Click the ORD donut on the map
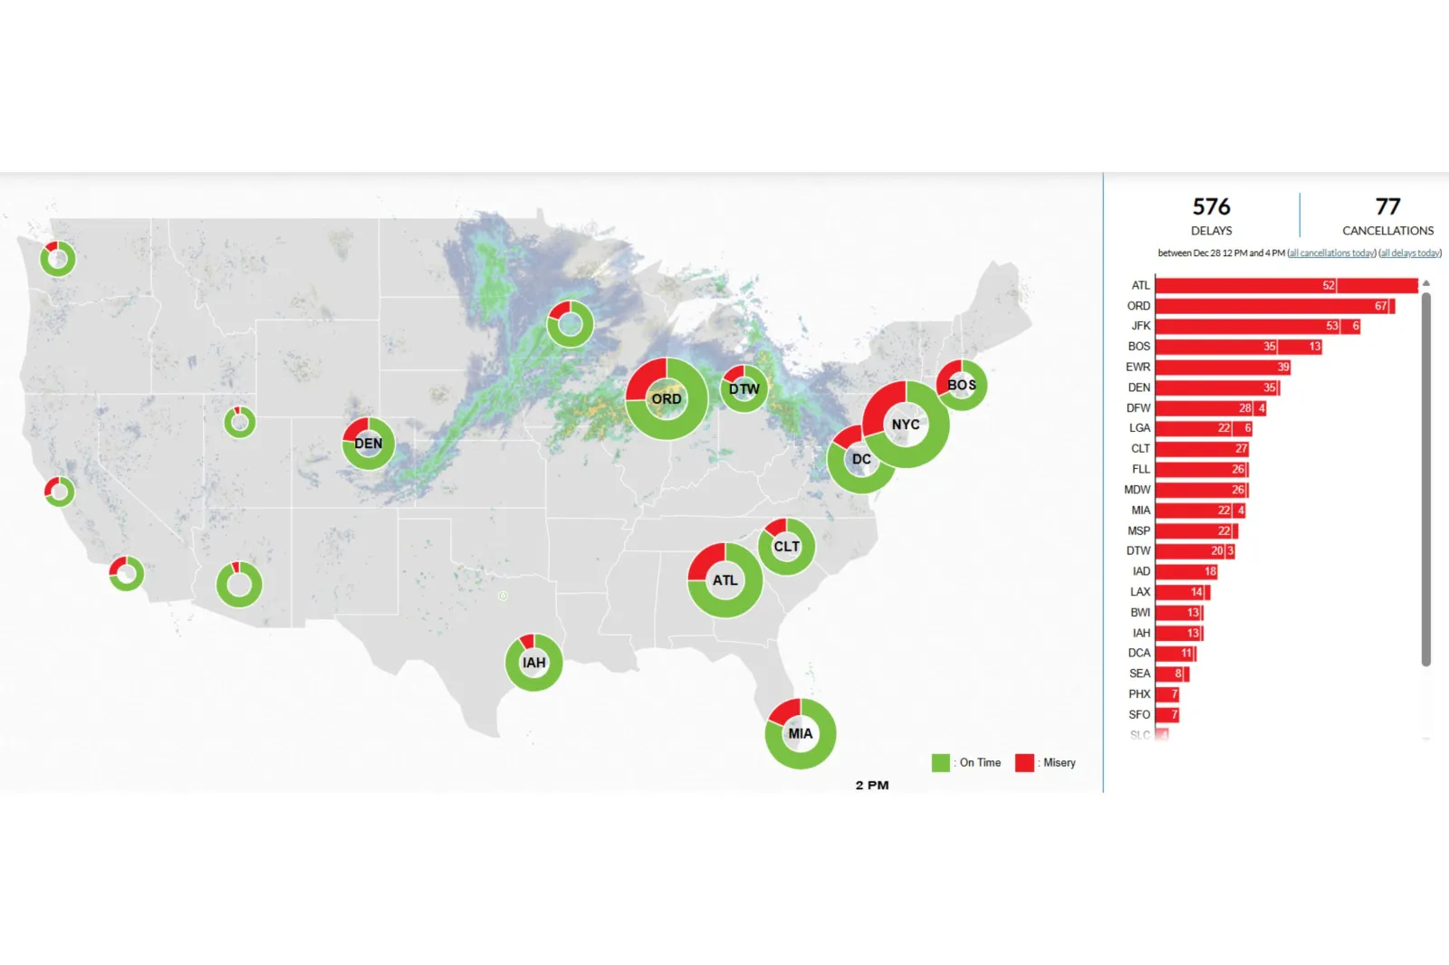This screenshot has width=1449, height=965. pos(667,399)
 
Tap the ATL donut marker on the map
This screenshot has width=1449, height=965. pos(724,580)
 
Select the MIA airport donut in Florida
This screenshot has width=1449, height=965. pos(801,733)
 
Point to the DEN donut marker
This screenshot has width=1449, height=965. pos(368,444)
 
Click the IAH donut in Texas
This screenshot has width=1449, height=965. pos(533,663)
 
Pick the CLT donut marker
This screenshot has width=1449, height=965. pos(786,547)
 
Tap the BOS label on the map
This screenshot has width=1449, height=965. pos(962,385)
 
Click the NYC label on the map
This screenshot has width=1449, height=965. pos(906,425)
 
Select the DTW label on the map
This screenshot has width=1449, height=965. pos(744,389)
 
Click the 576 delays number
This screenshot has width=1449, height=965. pos(1211,207)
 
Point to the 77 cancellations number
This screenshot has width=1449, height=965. pos(1387,207)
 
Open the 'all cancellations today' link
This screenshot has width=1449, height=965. pos(1331,253)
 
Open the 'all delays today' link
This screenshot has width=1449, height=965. pos(1410,253)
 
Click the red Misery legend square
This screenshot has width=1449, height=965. pos(1024,763)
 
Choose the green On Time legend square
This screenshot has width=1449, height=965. pos(941,763)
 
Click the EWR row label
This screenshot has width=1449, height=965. pos(1137,368)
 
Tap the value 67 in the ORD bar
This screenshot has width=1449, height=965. pos(1380,306)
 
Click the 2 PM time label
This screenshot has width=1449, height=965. pos(872,785)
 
